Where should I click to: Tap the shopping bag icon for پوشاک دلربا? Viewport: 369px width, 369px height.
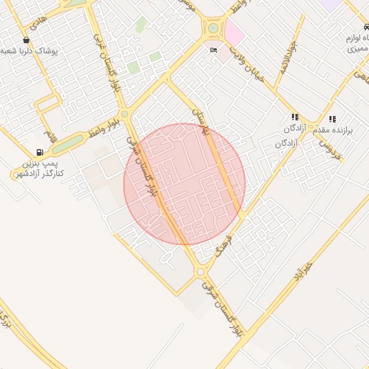(27, 40)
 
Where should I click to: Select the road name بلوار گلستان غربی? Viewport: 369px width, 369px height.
(105, 61)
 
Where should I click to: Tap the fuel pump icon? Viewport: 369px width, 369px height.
(39, 152)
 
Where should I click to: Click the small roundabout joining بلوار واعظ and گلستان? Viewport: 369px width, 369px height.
(125, 114)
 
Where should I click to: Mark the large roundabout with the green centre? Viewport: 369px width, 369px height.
(213, 29)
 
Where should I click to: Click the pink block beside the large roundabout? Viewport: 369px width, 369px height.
(234, 32)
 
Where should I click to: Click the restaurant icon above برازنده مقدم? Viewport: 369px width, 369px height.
(332, 119)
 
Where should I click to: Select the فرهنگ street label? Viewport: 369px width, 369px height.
(223, 246)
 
